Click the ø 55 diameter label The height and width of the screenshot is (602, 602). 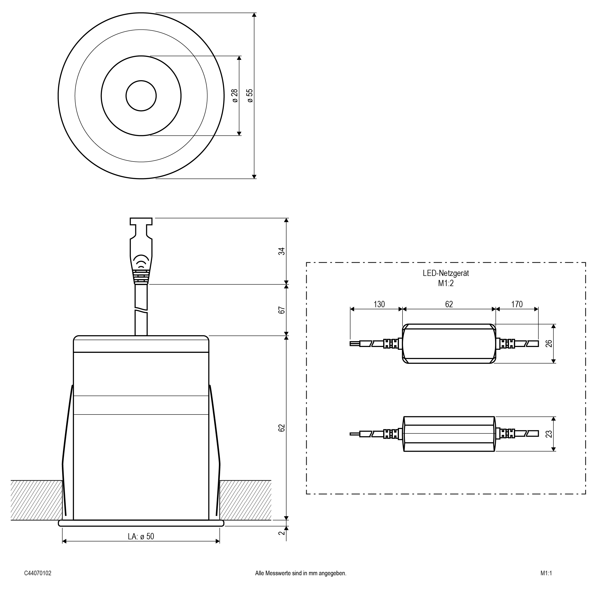(x=250, y=96)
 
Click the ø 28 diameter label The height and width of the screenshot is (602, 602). (x=235, y=96)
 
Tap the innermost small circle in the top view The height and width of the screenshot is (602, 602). (x=141, y=96)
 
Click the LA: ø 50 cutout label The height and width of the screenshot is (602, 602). (x=141, y=536)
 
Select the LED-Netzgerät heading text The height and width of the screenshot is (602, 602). (x=446, y=273)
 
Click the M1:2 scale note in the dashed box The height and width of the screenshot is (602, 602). (x=446, y=283)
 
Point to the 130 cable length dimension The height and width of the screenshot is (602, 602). (x=379, y=304)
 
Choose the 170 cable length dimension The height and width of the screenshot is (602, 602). (x=517, y=304)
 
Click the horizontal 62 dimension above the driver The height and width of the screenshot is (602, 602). (x=449, y=304)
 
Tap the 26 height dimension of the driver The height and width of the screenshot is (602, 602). (x=549, y=343)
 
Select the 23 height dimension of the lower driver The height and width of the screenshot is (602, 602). (x=549, y=434)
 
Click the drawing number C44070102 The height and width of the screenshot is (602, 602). (x=38, y=573)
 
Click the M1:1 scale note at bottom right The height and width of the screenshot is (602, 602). (x=546, y=573)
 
